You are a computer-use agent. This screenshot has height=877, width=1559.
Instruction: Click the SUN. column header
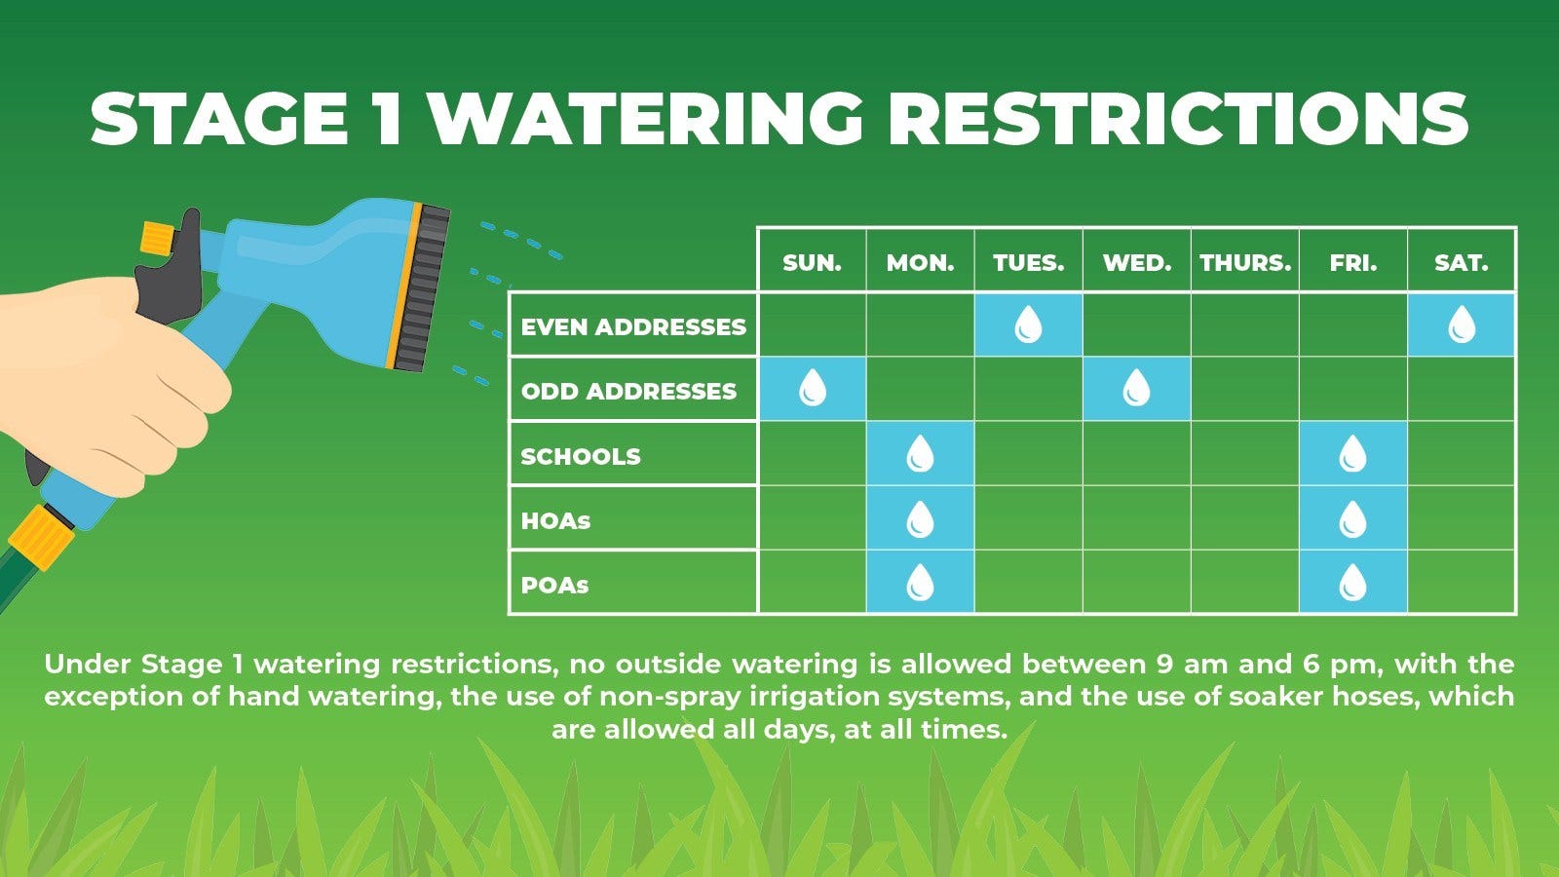pos(812,263)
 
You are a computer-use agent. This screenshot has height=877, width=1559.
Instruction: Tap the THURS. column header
pos(1245,263)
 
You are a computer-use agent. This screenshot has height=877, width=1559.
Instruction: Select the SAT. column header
pos(1461,263)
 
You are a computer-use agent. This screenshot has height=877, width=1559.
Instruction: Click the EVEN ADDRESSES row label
pos(633,326)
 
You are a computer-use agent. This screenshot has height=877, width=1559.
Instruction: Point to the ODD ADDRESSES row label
pos(628,391)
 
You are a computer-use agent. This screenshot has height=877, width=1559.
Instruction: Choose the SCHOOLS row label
pos(581,457)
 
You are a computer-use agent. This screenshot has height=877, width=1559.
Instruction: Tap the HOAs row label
pos(555,520)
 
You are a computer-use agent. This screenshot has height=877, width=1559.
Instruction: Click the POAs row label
pos(554,586)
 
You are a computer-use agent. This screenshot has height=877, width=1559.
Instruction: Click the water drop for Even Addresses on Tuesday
pos(1028,324)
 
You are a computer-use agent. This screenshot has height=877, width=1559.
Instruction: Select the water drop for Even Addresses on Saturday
pos(1462,324)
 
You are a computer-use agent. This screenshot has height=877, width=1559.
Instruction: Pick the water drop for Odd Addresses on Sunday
pos(813,388)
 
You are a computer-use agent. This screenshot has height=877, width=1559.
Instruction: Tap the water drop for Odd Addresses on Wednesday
pos(1136,388)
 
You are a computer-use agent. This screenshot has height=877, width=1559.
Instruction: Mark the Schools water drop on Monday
pos(920,453)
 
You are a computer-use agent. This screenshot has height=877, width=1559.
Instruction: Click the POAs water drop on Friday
pos(1353,583)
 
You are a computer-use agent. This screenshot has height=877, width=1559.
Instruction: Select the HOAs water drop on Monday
pos(920,518)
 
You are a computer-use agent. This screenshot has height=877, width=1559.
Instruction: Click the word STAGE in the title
pos(219,118)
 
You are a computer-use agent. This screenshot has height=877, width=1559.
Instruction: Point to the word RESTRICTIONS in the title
pos(1178,118)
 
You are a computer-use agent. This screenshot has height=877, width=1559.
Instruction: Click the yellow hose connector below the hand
pos(41,537)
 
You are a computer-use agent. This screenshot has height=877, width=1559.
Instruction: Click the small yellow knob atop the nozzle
pos(156,238)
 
